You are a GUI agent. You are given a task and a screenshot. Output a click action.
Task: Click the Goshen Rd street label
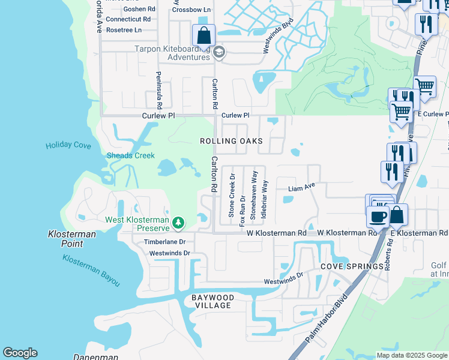(x=139, y=10)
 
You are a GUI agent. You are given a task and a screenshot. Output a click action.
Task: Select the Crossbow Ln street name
(x=191, y=10)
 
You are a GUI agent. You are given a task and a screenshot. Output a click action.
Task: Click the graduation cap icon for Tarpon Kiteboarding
(x=219, y=52)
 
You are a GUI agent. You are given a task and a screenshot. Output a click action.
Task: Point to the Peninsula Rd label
(x=158, y=86)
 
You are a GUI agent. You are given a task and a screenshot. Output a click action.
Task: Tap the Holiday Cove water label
(x=68, y=145)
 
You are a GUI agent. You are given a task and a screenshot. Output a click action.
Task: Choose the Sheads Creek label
(x=131, y=155)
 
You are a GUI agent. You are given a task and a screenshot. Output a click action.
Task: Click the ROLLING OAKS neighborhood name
(x=232, y=141)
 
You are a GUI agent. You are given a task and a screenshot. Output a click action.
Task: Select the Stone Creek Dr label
(x=232, y=195)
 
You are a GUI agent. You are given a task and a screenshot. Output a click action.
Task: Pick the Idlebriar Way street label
(x=265, y=198)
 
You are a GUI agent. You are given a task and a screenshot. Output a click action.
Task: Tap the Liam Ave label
(x=301, y=188)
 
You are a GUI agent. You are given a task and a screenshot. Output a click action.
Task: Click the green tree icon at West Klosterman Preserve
(x=178, y=223)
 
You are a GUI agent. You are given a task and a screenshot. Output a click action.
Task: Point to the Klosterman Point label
(x=65, y=240)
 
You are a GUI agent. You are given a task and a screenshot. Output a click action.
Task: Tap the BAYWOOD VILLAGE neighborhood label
(x=212, y=301)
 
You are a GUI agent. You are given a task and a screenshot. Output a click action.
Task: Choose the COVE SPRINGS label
(x=352, y=266)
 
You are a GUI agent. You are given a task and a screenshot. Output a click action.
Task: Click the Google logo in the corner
(x=20, y=353)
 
